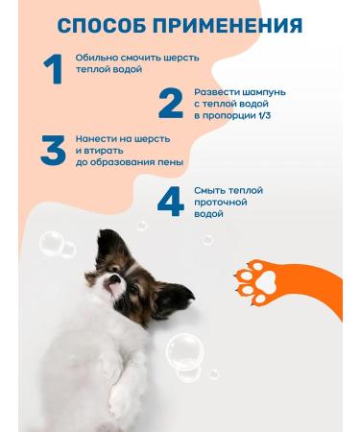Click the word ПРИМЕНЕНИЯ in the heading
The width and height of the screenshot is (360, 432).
(228, 25)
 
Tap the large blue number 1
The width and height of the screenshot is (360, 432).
(54, 70)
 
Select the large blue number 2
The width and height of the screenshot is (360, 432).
(170, 104)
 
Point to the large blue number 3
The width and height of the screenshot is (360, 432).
(54, 150)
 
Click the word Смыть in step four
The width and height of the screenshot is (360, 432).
(208, 190)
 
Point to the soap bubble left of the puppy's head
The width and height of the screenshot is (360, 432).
(55, 245)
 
